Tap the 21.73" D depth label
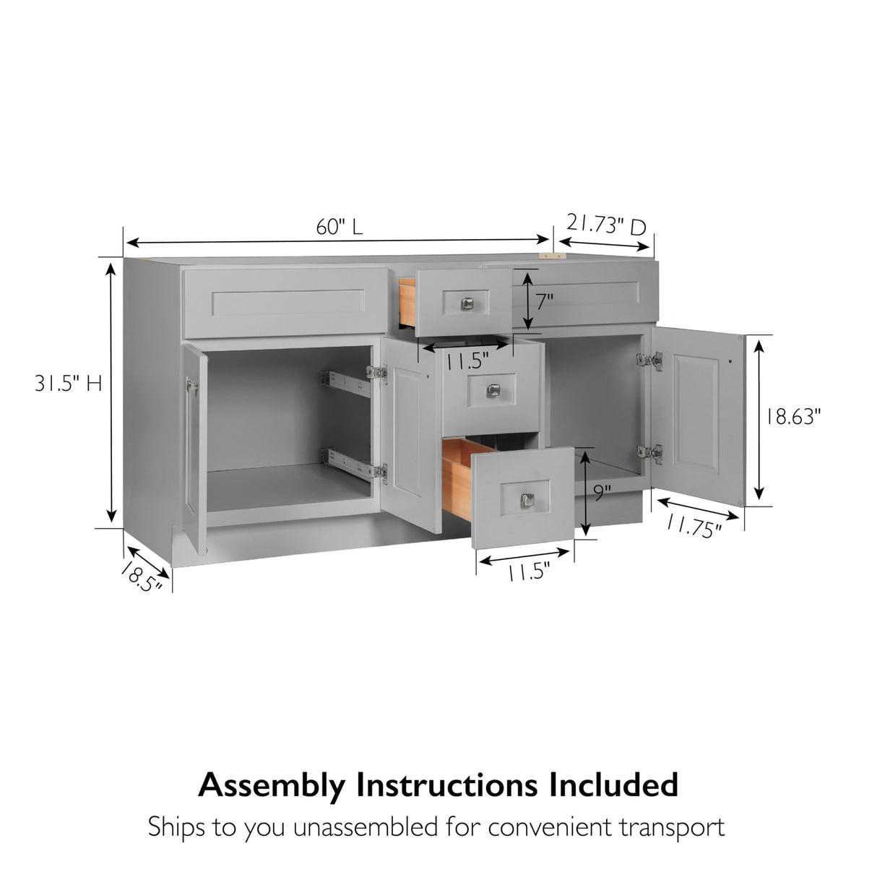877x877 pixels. (x=605, y=225)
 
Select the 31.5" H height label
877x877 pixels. (x=69, y=384)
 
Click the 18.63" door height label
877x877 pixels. (x=794, y=417)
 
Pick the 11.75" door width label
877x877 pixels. (x=694, y=528)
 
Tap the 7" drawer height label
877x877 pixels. (x=545, y=300)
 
